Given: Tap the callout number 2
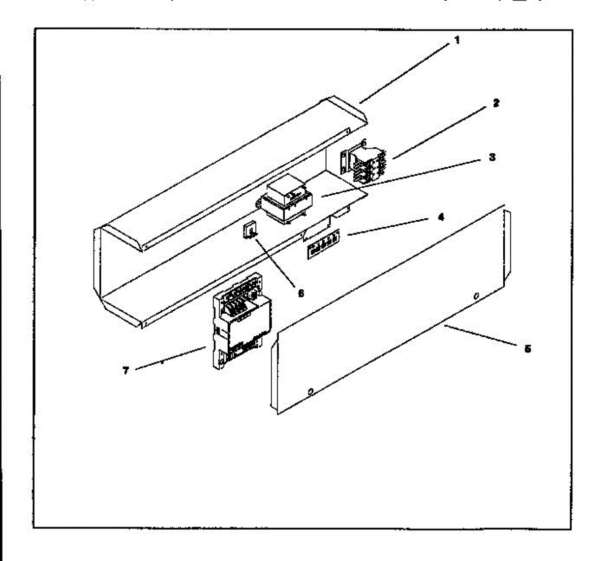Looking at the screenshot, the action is (x=496, y=103).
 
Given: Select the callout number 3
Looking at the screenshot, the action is (x=492, y=157).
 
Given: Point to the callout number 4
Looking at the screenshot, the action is (x=441, y=217).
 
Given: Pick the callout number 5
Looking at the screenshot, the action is (x=528, y=349).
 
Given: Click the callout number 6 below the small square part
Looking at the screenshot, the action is (x=300, y=293).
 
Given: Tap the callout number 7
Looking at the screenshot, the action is (x=126, y=370).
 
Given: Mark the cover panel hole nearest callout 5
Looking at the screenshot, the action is (x=476, y=296).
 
